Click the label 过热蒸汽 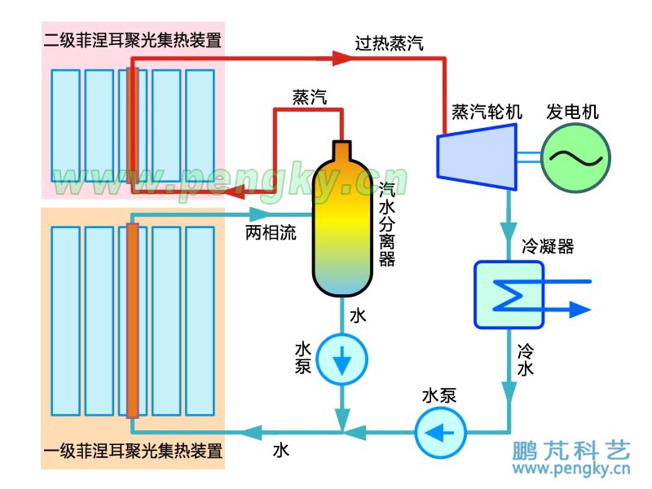coord(389,43)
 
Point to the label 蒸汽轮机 coord(487,112)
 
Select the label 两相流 coord(271,233)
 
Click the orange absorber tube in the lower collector coord(133,318)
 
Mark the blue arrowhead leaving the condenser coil coord(579,309)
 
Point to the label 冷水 coord(526,360)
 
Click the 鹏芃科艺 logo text coord(571,450)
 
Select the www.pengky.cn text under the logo coord(570,470)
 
